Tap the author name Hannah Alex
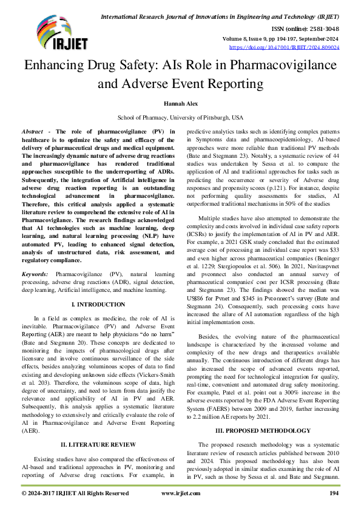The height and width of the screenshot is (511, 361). tap(180, 104)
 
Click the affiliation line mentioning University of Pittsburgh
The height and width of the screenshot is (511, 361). tap(180, 117)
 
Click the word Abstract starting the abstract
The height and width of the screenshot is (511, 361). tap(32, 131)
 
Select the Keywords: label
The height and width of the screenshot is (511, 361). tap(35, 274)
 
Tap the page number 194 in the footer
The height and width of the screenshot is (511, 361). tap(333, 493)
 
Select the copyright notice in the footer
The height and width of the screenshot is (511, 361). tap(75, 493)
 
